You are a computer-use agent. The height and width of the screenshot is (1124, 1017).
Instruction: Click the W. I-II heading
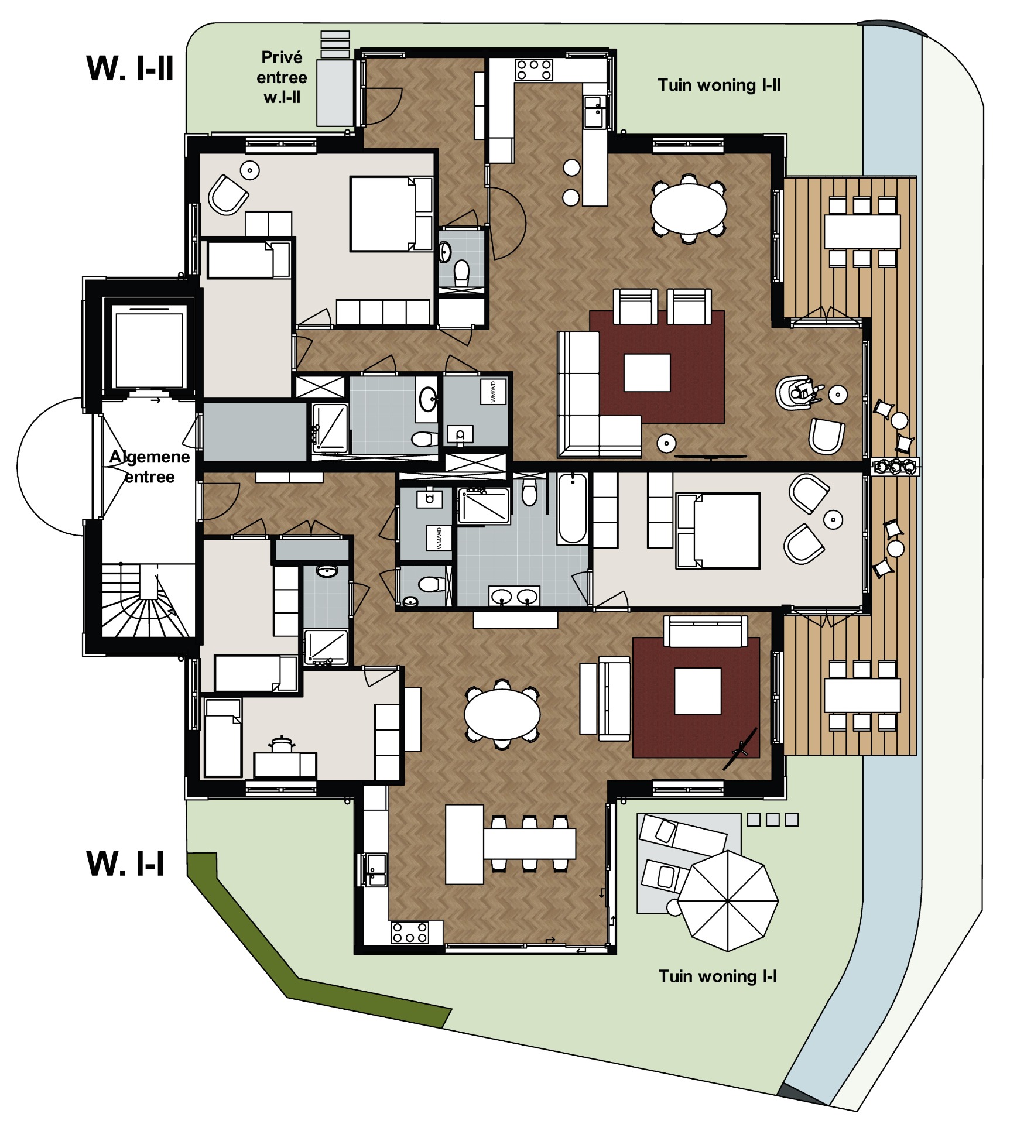[x=130, y=68]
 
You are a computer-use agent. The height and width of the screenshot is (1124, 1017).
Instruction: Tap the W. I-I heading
[x=125, y=863]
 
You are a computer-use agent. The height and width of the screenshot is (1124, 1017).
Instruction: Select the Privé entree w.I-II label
[x=282, y=77]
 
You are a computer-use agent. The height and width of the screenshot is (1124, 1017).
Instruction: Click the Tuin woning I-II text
[x=719, y=85]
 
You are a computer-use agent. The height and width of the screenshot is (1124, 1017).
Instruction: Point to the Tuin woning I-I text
[x=718, y=976]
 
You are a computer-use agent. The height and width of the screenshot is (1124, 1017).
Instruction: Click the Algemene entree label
[x=150, y=467]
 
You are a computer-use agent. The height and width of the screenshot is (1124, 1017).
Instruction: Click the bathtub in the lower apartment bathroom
[x=572, y=508]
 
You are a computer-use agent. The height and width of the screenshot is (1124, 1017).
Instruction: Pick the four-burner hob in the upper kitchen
[x=533, y=70]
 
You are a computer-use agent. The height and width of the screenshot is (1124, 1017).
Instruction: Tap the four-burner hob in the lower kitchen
[x=409, y=933]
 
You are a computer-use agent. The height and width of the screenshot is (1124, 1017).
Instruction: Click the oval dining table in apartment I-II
[x=689, y=208]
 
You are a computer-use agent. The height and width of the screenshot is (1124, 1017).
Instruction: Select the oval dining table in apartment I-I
[x=502, y=714]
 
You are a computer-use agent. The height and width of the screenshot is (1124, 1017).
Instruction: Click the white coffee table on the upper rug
[x=647, y=372]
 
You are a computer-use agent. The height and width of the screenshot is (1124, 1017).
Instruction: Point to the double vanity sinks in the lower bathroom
[x=515, y=597]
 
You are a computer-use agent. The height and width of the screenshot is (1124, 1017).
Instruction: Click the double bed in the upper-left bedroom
[x=391, y=214]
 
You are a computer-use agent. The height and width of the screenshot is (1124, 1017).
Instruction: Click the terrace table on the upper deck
[x=862, y=232]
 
